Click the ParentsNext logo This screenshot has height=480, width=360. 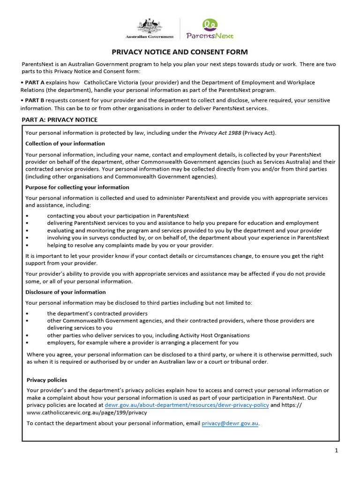(209, 29)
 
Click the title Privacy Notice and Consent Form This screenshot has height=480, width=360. (180, 52)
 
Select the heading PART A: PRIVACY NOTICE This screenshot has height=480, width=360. (60, 120)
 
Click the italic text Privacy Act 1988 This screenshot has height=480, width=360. (219, 133)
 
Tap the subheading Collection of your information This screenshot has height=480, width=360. (65, 143)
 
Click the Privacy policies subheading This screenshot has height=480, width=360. (47, 380)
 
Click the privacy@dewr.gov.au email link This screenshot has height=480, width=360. (230, 423)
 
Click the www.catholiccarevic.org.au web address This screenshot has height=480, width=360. (87, 412)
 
